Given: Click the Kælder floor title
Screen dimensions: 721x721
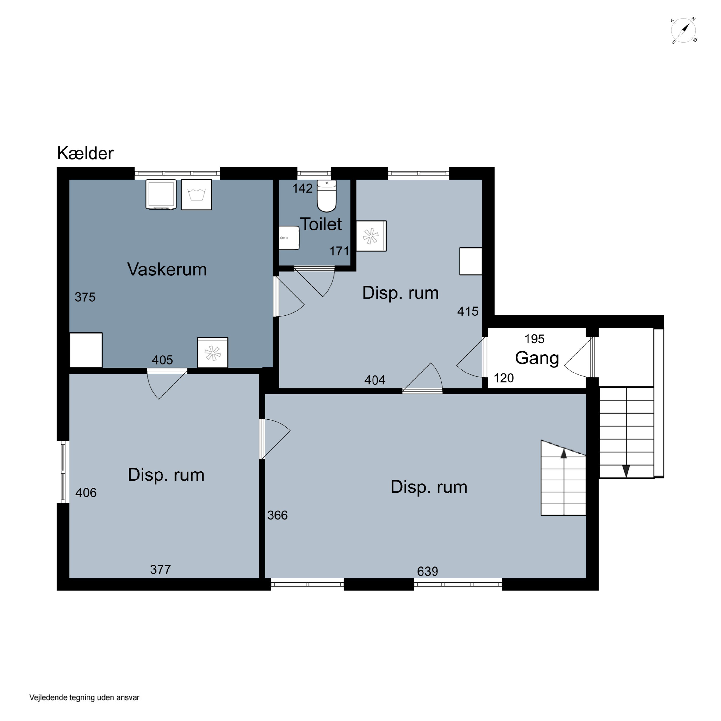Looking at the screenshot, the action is (x=85, y=153).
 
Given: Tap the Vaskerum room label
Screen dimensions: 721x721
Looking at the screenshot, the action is (x=167, y=269).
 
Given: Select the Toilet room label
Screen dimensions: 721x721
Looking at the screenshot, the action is (x=321, y=224).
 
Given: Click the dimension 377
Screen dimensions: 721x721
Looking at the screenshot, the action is (x=161, y=570).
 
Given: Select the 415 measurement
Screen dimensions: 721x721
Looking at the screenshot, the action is (x=468, y=311).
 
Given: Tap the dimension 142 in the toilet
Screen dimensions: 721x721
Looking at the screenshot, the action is (x=302, y=188).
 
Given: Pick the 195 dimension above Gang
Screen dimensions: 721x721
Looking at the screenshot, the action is (x=535, y=339).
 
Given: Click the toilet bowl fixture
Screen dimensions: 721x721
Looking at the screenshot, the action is (x=327, y=196).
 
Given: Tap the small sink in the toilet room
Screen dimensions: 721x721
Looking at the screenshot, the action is (x=289, y=238).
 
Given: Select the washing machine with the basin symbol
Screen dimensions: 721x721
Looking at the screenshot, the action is (x=197, y=194).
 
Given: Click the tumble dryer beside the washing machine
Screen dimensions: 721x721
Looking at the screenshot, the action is (x=161, y=194).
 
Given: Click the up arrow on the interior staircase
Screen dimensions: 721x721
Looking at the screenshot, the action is (x=564, y=454).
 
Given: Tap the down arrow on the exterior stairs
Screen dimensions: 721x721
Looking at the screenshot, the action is (x=626, y=471).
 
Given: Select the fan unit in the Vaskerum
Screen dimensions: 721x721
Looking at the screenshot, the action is (x=213, y=353).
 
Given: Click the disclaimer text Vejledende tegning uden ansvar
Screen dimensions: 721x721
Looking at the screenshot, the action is (x=84, y=697).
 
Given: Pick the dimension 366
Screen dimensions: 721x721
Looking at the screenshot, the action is (x=278, y=515).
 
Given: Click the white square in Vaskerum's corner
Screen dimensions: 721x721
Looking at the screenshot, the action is (x=86, y=350).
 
